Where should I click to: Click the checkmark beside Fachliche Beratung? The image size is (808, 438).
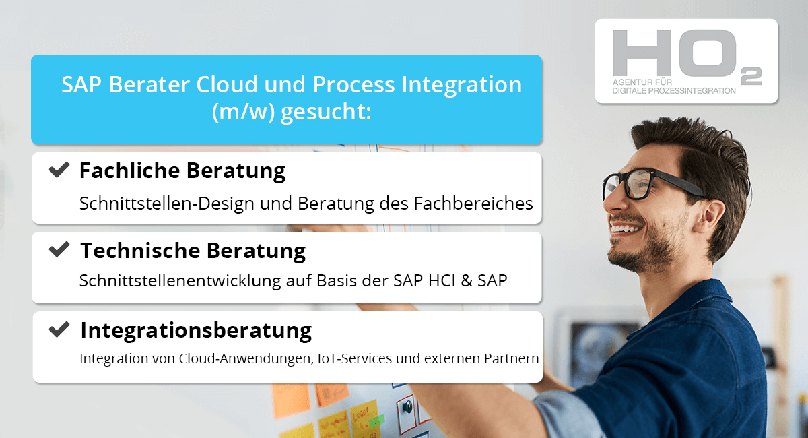coord(59,170)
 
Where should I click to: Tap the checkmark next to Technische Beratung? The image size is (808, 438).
coord(59,249)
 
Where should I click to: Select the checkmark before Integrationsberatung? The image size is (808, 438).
coord(59,330)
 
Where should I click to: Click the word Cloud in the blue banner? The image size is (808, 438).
coord(227,84)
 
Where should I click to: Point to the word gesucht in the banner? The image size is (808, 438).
coord(326,112)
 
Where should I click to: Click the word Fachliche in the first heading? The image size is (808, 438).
coord(129,170)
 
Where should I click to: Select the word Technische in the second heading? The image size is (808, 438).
coord(140,250)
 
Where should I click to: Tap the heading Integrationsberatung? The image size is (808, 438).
coord(196,330)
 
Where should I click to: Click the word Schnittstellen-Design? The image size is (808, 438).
coord(168,204)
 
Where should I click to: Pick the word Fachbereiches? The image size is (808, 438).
coord(473,204)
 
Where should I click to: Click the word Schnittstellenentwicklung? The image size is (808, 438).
coord(180,280)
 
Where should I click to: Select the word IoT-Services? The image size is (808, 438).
coord(355,358)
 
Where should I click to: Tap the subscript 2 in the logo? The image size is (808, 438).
coord(751,76)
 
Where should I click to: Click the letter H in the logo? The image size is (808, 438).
coord(642,53)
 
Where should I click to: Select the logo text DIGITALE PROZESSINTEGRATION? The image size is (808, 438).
coord(674,91)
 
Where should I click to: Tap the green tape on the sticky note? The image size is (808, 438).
coord(376,421)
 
